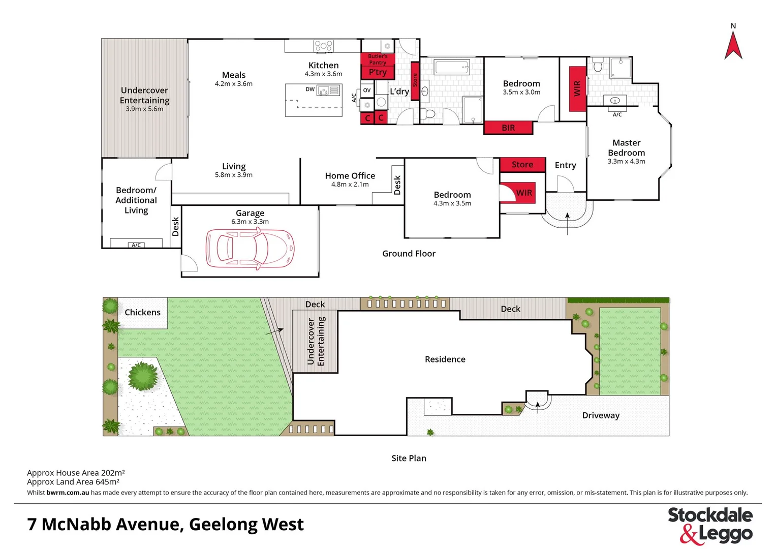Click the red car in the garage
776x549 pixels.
tap(250, 249)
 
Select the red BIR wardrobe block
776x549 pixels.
tap(508, 128)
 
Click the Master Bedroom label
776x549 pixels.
tap(626, 148)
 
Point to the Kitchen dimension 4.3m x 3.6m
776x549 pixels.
tap(323, 74)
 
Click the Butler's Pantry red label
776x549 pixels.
tap(378, 59)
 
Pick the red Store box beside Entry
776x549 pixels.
tap(522, 165)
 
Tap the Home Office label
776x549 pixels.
tap(350, 176)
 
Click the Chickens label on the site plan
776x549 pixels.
tap(142, 313)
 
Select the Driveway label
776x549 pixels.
tap(601, 415)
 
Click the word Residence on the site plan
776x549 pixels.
tap(445, 359)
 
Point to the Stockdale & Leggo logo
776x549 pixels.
tap(710, 525)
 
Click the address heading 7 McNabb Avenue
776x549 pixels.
tap(165, 524)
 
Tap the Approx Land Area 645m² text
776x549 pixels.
tap(73, 482)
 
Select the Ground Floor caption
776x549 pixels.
tap(409, 254)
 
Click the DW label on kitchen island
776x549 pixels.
tap(310, 89)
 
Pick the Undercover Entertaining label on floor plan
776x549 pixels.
tap(144, 96)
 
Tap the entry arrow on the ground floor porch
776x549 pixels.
tap(567, 222)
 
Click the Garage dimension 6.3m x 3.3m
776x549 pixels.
tap(250, 222)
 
